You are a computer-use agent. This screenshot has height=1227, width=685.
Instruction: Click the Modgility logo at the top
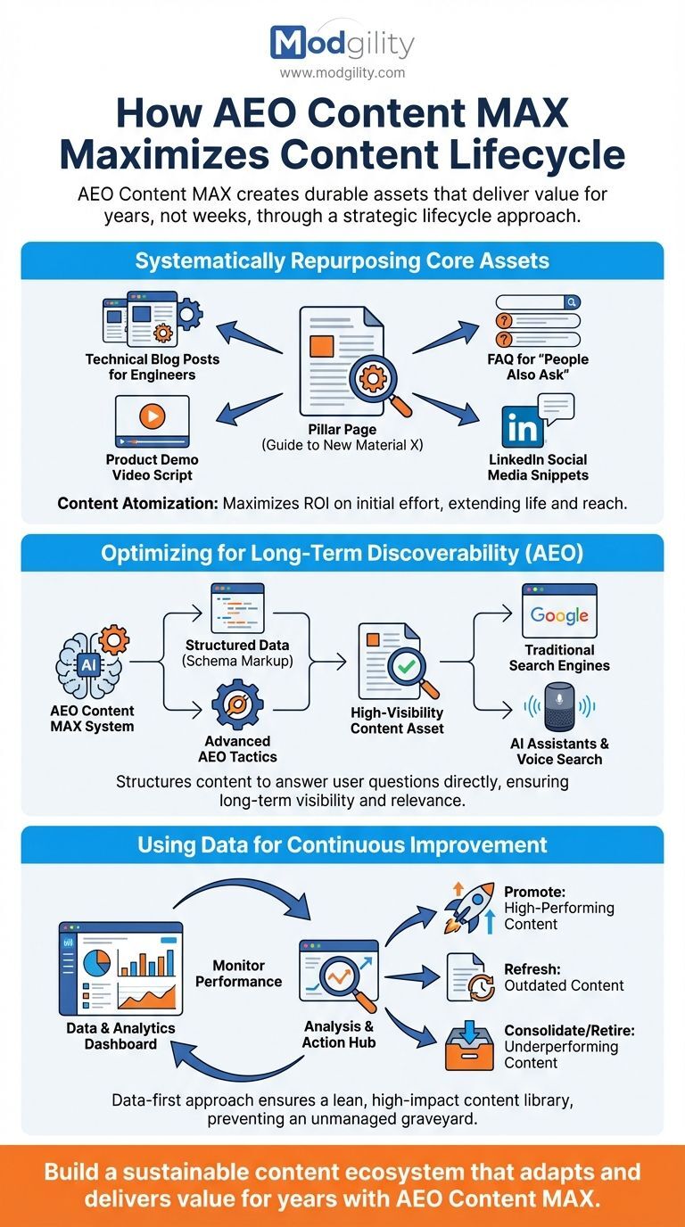(342, 43)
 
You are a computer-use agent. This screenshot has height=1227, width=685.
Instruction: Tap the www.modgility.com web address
(342, 73)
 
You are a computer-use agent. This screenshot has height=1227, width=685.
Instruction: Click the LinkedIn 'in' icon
(524, 429)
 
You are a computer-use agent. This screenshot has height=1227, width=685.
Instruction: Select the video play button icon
(153, 416)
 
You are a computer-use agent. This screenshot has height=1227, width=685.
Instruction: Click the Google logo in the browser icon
(559, 615)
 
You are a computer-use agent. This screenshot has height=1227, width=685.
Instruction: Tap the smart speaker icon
(559, 704)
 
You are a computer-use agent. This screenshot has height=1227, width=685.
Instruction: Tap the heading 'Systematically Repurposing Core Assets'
(342, 261)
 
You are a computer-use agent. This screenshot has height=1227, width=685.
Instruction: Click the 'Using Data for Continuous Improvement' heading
(342, 844)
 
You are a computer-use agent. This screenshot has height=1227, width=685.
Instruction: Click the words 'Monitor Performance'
(239, 973)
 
